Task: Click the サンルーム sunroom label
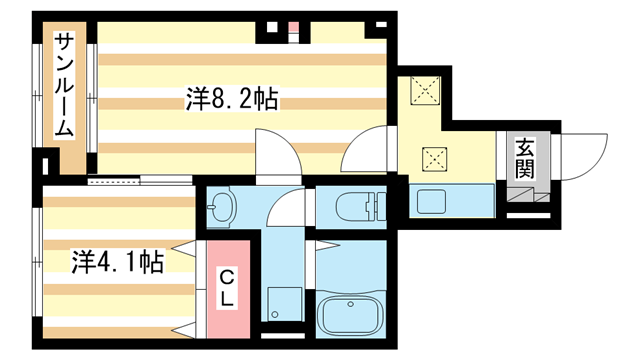click(64, 86)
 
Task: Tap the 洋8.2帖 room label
click(231, 100)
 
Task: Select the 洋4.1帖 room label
click(117, 263)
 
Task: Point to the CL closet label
click(227, 287)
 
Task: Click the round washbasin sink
click(221, 209)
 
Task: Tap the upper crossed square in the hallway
click(427, 92)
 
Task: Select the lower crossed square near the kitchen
click(435, 158)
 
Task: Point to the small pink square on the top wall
click(294, 26)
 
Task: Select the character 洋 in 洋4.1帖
click(81, 263)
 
